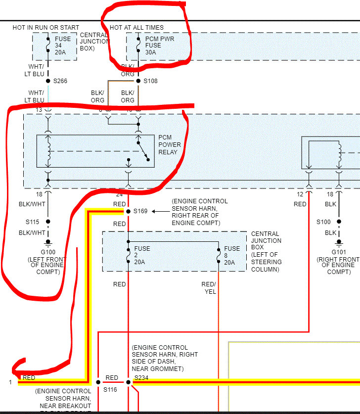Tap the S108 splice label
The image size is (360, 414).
(x=151, y=81)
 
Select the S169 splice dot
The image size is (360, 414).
(x=128, y=211)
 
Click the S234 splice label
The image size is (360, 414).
(x=141, y=378)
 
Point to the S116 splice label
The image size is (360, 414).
(x=109, y=390)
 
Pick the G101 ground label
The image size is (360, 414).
(x=339, y=252)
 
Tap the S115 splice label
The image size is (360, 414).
(x=33, y=222)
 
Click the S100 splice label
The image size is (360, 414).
(x=323, y=222)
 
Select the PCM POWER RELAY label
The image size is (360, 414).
(x=170, y=144)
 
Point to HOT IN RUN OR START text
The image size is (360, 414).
(x=46, y=28)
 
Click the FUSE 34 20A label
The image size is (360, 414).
(x=62, y=46)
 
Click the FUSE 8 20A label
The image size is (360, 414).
(x=232, y=255)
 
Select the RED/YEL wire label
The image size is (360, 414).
(x=208, y=288)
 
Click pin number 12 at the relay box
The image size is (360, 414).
(x=300, y=194)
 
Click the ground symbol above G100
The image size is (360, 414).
(x=48, y=243)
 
